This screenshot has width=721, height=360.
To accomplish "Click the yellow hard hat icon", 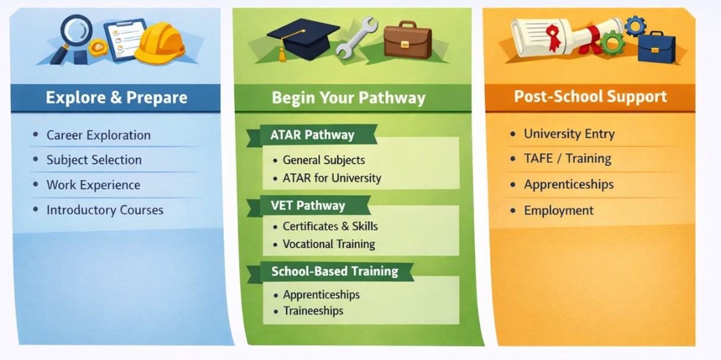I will [x=160, y=43].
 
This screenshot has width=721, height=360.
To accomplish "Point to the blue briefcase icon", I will [x=656, y=47].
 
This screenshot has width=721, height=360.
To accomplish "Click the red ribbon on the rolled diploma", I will [x=554, y=37].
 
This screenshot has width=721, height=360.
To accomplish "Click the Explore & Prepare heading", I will [x=116, y=98].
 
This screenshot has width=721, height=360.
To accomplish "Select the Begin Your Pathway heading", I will [x=348, y=98].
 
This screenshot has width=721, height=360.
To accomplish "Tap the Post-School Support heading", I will [x=590, y=97].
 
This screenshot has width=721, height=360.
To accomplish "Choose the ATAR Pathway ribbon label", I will [x=312, y=135].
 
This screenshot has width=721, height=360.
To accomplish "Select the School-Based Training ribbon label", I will [x=334, y=272].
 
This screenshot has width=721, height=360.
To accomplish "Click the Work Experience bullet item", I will [x=93, y=185].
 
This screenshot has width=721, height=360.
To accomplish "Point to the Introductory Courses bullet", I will [x=104, y=210].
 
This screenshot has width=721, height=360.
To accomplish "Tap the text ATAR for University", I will [x=332, y=178].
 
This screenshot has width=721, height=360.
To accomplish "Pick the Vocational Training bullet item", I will [x=329, y=244].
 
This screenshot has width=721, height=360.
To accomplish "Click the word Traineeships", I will [x=313, y=311].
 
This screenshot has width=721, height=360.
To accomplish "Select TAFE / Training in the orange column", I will [x=567, y=159].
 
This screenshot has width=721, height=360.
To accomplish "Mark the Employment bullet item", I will [x=558, y=211].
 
